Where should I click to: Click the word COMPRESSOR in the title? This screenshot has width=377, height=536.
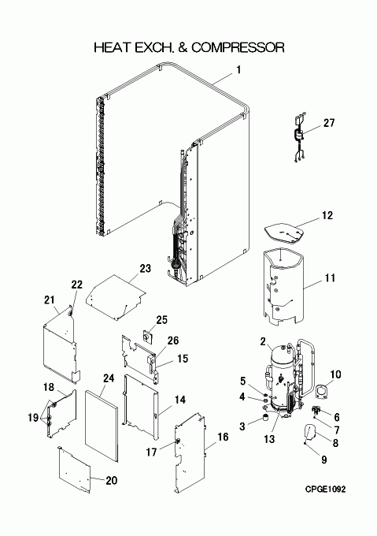pyautogui.click(x=238, y=47)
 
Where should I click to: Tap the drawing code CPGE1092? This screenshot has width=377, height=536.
pyautogui.click(x=326, y=489)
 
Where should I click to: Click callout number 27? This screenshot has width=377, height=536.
pyautogui.click(x=329, y=123)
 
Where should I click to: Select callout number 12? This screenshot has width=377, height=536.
pyautogui.click(x=327, y=216)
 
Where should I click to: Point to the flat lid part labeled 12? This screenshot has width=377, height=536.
pyautogui.click(x=285, y=234)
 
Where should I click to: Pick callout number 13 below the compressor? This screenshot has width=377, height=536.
pyautogui.click(x=269, y=438)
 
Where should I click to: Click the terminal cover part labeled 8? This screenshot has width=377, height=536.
pyautogui.click(x=310, y=432)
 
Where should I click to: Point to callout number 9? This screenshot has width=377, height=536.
pyautogui.click(x=324, y=460)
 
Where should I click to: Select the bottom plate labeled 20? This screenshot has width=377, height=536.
pyautogui.click(x=74, y=470)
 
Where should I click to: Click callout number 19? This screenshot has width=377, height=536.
pyautogui.click(x=33, y=418)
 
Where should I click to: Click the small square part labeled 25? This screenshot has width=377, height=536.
pyautogui.click(x=147, y=338)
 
